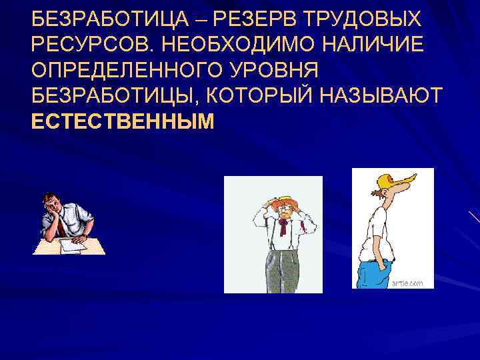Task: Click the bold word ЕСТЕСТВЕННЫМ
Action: (123, 122)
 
